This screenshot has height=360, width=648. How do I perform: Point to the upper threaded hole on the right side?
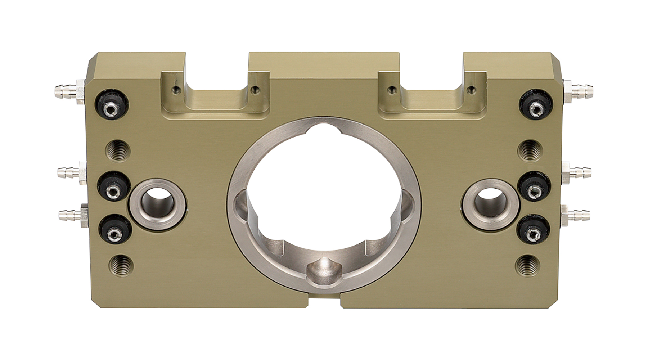(x=530, y=150)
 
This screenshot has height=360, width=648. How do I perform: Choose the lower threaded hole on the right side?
(x=528, y=265)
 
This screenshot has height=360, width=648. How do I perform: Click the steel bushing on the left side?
(x=158, y=204)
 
